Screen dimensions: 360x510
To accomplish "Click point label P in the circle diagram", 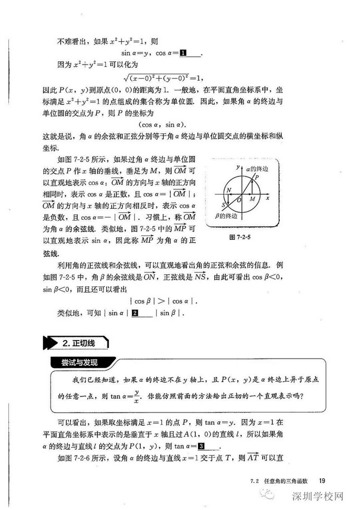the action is click(257, 176).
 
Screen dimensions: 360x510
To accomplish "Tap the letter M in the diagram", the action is click(251, 199).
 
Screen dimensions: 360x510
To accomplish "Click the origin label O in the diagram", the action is click(239, 199).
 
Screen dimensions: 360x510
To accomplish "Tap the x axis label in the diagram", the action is click(268, 198).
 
